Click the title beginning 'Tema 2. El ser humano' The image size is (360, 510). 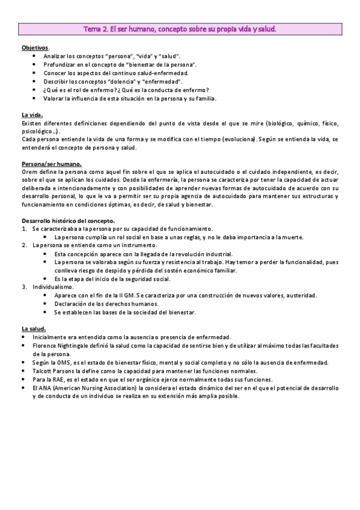(x=180, y=28)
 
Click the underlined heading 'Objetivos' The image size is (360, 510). (x=35, y=47)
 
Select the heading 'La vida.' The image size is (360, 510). (x=32, y=114)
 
